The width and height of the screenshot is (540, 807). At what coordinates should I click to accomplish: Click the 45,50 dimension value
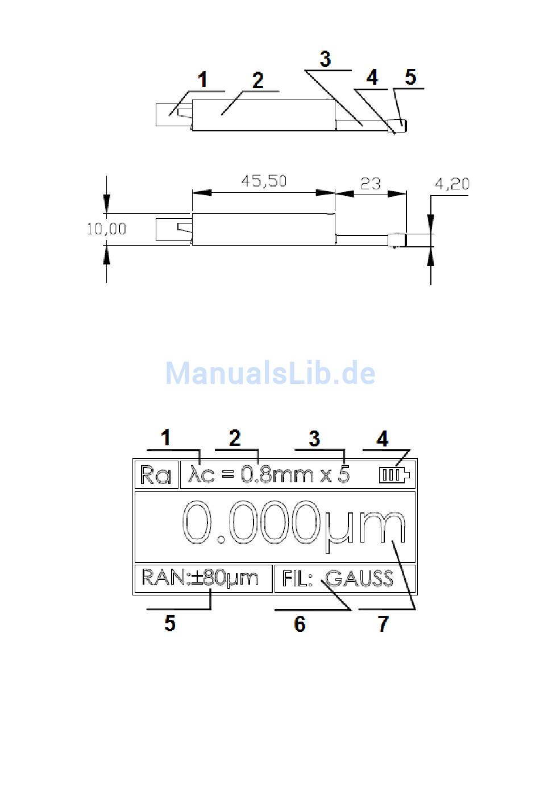pos(264,181)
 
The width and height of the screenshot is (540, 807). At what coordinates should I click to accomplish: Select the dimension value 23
pos(371,184)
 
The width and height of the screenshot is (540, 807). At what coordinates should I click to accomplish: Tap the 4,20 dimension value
pos(452,184)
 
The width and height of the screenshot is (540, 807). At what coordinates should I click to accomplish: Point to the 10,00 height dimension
pos(106,229)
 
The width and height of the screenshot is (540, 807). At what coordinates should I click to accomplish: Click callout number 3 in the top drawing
pos(325,59)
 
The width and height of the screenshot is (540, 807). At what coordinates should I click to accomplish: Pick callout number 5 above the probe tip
pos(410,77)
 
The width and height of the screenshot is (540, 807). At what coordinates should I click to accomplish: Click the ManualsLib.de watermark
pos(271,373)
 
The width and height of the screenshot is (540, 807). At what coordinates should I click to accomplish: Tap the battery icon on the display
pos(394,475)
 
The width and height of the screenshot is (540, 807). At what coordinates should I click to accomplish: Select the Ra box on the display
pos(156,475)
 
